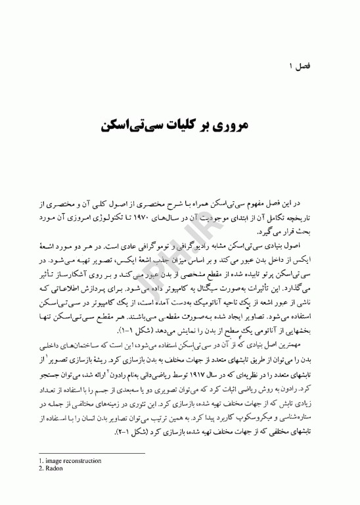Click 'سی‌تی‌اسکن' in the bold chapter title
[x=136, y=124]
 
